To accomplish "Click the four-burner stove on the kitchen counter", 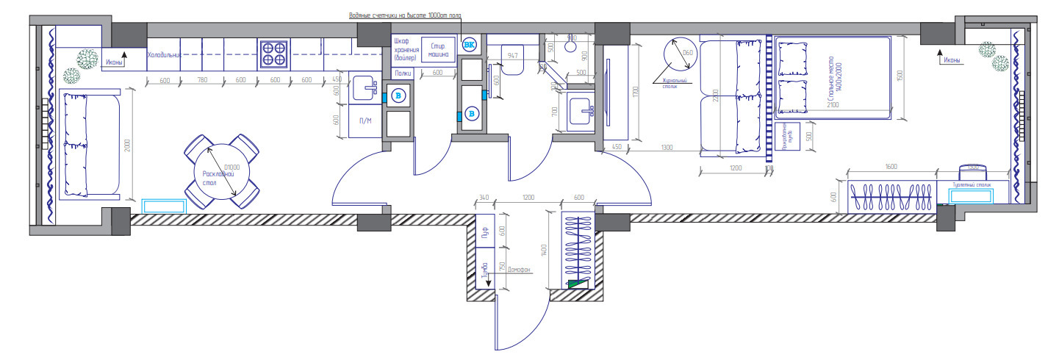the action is click(273, 53).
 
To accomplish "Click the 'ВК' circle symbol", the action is click(469, 46).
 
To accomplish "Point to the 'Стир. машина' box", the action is click(439, 51).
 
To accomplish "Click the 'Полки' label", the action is click(403, 73).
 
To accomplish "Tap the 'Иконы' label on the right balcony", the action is click(952, 60).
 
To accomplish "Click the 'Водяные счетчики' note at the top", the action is click(404, 15).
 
